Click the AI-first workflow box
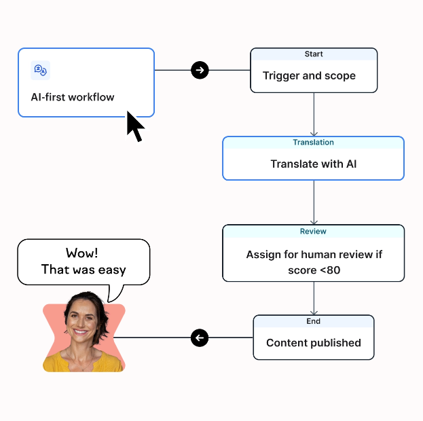[86, 82]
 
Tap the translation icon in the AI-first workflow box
[40, 70]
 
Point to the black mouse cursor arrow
[134, 126]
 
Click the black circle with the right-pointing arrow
[200, 70]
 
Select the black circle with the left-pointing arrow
[200, 337]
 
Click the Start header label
[314, 54]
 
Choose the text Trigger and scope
[309, 76]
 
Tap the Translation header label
[313, 143]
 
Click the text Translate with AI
[313, 164]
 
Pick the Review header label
[313, 232]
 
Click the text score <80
[314, 270]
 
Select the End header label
[313, 321]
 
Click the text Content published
[313, 343]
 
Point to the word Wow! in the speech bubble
[82, 253]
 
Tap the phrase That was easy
[84, 270]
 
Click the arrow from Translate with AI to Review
[314, 202]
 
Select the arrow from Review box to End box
[314, 298]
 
